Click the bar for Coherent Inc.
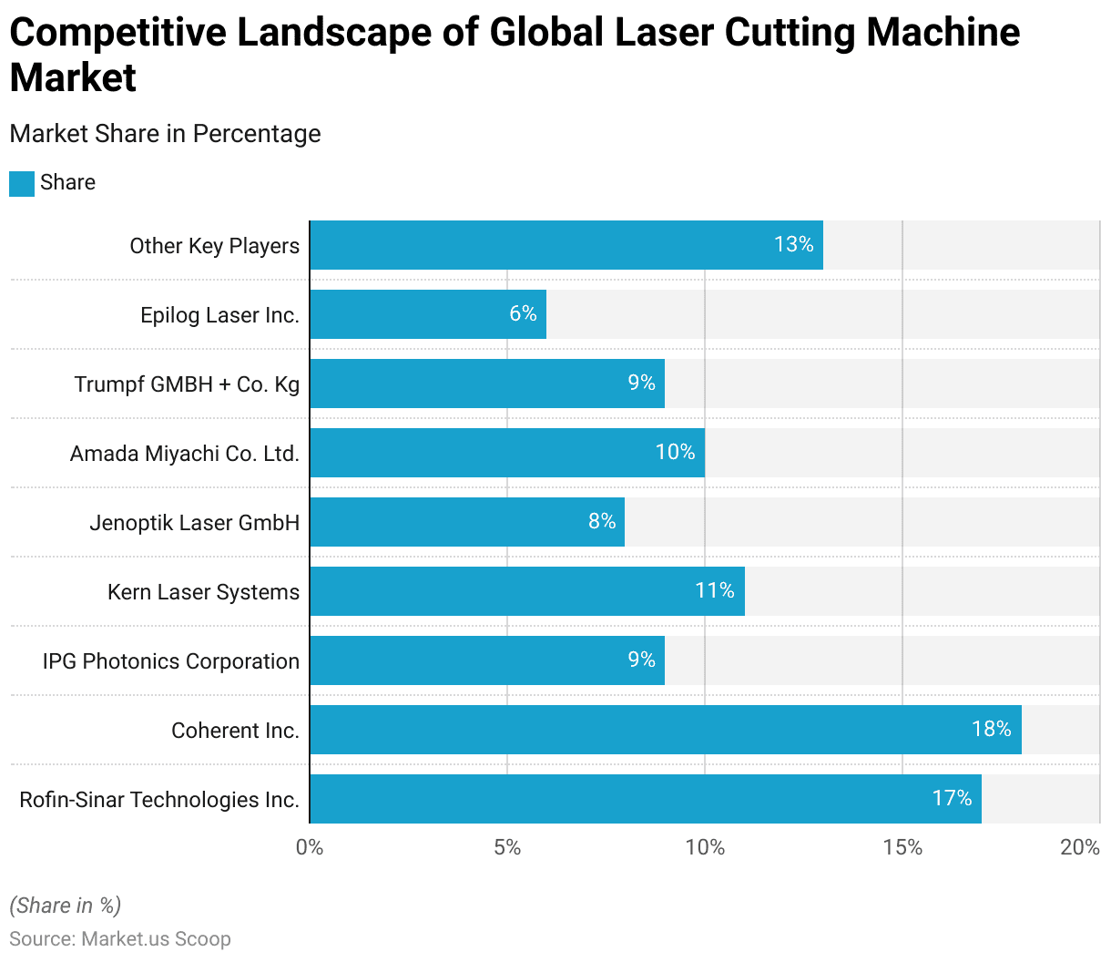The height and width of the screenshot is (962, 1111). [x=665, y=730]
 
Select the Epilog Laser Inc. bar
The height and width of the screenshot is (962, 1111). [x=428, y=314]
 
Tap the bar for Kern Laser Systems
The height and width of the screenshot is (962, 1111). [x=526, y=591]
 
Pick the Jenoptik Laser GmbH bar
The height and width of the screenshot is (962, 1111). [x=466, y=522]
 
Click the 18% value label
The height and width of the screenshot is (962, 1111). [x=991, y=729]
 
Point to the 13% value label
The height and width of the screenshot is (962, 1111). [x=793, y=244]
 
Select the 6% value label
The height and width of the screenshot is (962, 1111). [x=523, y=313]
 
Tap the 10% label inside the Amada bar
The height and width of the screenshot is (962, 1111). [x=675, y=452]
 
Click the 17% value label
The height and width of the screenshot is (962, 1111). [x=952, y=798]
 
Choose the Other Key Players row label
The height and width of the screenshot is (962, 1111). [x=214, y=246]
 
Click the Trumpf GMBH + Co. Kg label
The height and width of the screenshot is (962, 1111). [x=187, y=384]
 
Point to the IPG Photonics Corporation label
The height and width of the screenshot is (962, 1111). [x=170, y=661]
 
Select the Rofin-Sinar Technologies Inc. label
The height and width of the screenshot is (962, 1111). [x=159, y=800]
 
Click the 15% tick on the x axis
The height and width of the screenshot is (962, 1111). [x=902, y=847]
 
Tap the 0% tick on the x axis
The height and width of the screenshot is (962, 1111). [x=310, y=847]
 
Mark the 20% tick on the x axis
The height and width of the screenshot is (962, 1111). [x=1080, y=847]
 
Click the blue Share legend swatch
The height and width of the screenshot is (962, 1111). [x=22, y=183]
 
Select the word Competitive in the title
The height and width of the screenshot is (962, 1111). [x=117, y=33]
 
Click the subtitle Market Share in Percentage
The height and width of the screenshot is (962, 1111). [x=165, y=134]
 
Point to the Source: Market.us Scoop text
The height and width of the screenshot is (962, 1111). [x=120, y=938]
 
